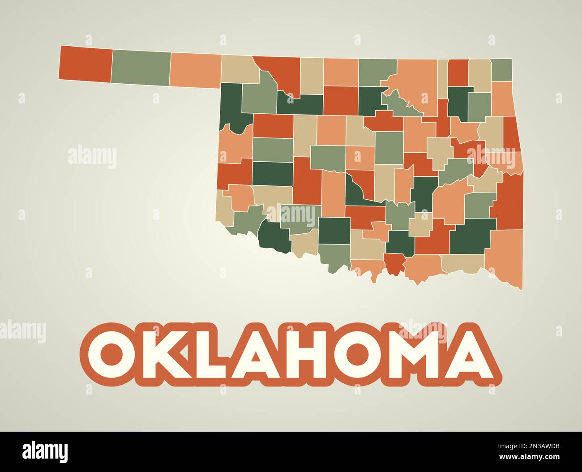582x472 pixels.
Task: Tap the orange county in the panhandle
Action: click(196, 70)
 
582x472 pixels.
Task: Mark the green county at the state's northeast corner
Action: click(502, 70)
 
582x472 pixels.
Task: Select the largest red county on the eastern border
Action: click(509, 202)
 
